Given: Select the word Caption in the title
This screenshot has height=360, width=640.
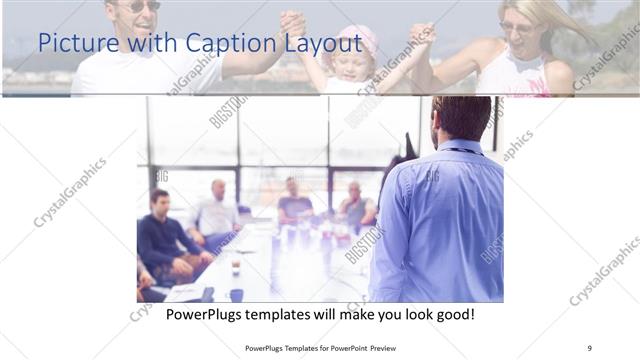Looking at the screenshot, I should [x=219, y=43].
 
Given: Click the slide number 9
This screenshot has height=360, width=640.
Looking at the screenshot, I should [x=589, y=348].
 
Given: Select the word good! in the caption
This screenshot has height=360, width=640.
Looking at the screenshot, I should [x=453, y=315].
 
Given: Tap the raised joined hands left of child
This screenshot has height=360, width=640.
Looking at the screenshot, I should [x=292, y=23].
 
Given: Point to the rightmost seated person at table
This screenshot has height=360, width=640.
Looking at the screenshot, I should [x=354, y=207].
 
